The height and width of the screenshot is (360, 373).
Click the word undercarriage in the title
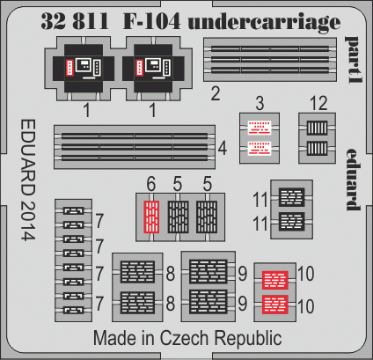[264, 22]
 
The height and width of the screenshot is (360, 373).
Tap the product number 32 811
[75, 21]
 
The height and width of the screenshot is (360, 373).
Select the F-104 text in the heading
[151, 21]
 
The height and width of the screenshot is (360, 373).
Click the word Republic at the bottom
[248, 338]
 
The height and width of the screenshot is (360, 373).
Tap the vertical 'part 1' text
[354, 60]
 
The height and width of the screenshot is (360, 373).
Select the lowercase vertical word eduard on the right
[353, 180]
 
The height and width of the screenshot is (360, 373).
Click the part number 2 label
[216, 94]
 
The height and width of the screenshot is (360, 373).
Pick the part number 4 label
[223, 149]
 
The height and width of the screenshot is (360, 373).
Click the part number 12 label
[318, 103]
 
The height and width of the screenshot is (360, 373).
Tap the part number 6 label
[151, 184]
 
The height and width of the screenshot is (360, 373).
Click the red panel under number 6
[152, 217]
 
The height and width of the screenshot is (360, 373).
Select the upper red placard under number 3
[260, 128]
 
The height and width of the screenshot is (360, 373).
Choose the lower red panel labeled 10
[275, 305]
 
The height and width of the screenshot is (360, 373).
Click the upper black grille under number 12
[317, 128]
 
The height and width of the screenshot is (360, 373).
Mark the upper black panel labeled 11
[292, 197]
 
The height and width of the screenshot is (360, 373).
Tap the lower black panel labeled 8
[137, 303]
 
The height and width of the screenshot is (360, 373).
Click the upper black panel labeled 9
[208, 271]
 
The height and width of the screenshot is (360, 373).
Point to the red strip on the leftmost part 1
[69, 67]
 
